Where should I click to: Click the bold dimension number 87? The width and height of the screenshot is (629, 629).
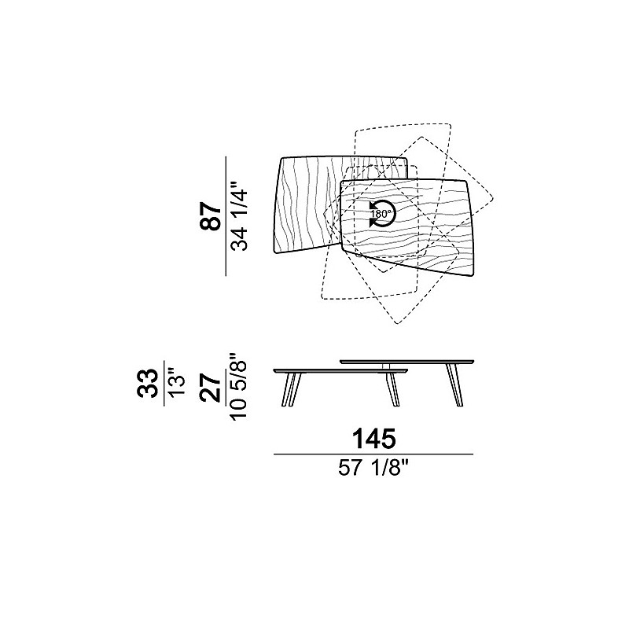pos(210,215)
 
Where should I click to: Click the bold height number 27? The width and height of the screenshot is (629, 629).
pos(210,387)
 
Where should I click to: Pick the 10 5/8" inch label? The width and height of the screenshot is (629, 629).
pos(238,386)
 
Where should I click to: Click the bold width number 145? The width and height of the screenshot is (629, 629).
pos(374,439)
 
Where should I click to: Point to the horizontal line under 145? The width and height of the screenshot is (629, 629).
pos(373,454)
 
